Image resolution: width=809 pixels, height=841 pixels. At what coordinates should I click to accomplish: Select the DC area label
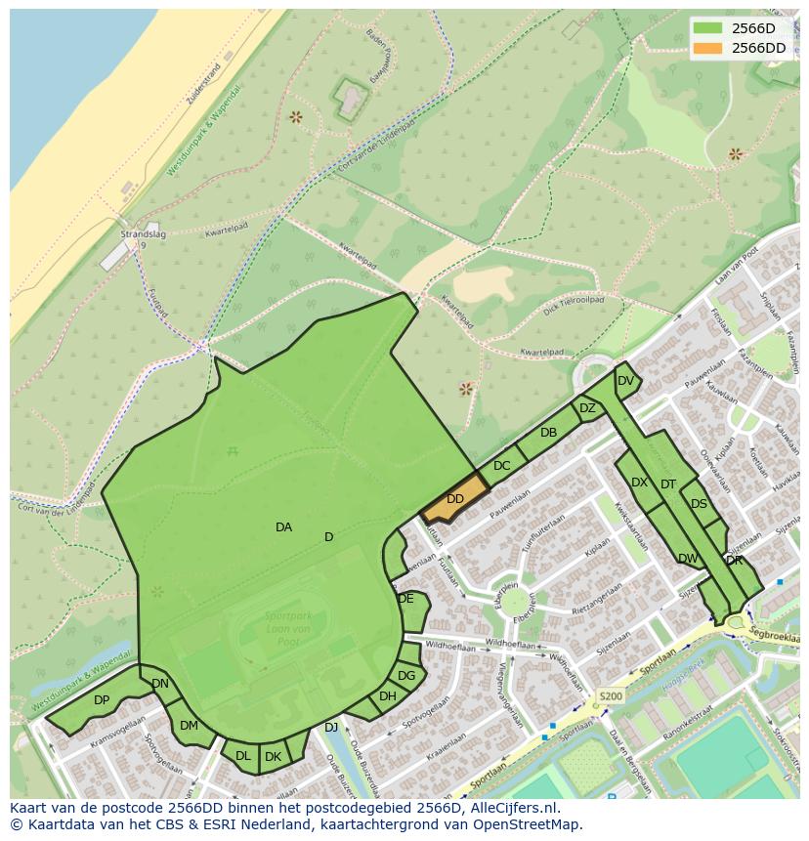tap(501, 466)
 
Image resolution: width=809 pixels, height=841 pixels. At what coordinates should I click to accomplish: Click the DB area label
tap(548, 433)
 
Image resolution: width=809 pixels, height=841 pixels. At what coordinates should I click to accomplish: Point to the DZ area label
tap(587, 408)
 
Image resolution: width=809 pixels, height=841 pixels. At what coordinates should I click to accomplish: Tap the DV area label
tap(625, 381)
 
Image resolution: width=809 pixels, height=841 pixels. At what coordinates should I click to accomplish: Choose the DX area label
tap(639, 483)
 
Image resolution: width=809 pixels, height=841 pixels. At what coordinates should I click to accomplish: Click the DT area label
tap(668, 484)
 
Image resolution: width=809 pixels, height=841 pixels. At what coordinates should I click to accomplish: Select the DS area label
tap(699, 504)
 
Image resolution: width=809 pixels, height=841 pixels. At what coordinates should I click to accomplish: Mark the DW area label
tap(688, 559)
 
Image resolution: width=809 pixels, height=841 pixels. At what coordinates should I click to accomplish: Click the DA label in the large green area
tap(283, 527)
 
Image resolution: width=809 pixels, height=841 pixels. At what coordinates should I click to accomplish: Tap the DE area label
tap(406, 599)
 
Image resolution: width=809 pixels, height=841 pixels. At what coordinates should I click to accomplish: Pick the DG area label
tap(406, 675)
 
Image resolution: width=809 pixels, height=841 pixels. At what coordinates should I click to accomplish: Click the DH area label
tap(388, 696)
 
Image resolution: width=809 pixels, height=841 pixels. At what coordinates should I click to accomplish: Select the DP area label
tap(102, 700)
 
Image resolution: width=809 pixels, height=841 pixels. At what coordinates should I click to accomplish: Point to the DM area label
tap(189, 725)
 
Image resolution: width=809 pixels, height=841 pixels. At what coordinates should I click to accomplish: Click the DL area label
tap(242, 756)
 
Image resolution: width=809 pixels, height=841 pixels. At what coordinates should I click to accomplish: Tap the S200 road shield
tap(610, 696)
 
